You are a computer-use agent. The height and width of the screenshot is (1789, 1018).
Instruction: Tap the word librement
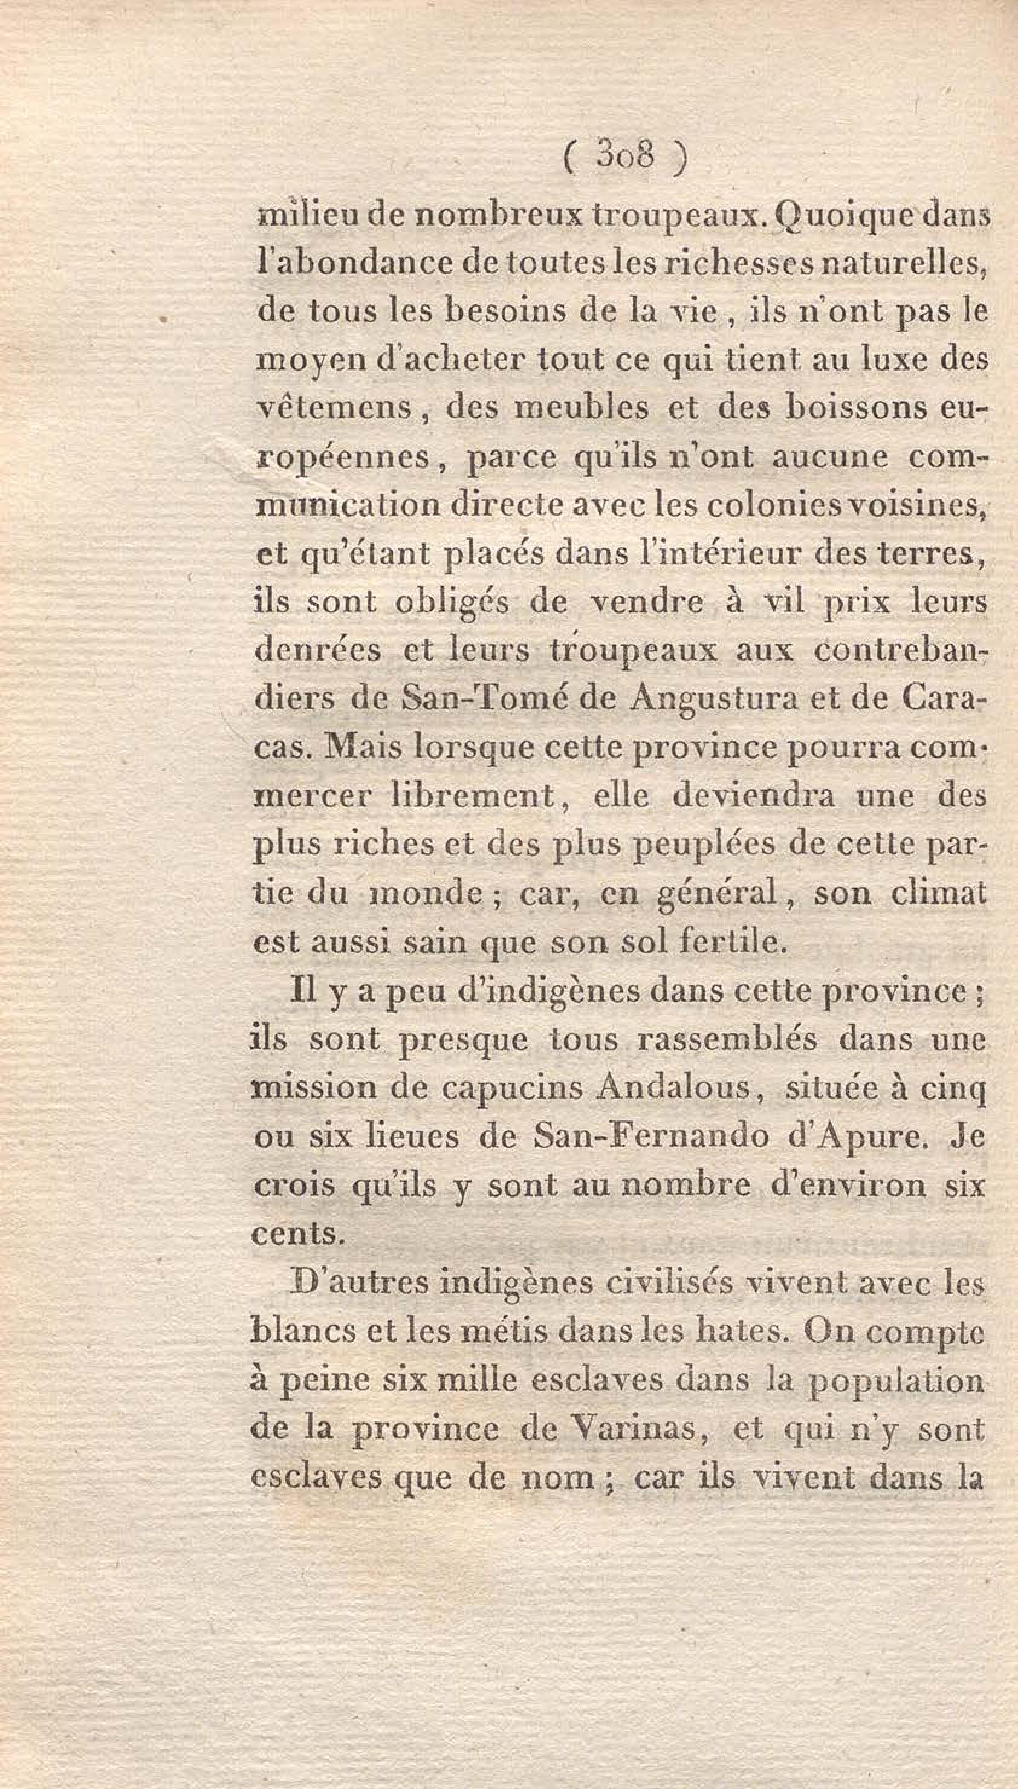(472, 796)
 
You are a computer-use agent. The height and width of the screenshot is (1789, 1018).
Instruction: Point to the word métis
(507, 1331)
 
